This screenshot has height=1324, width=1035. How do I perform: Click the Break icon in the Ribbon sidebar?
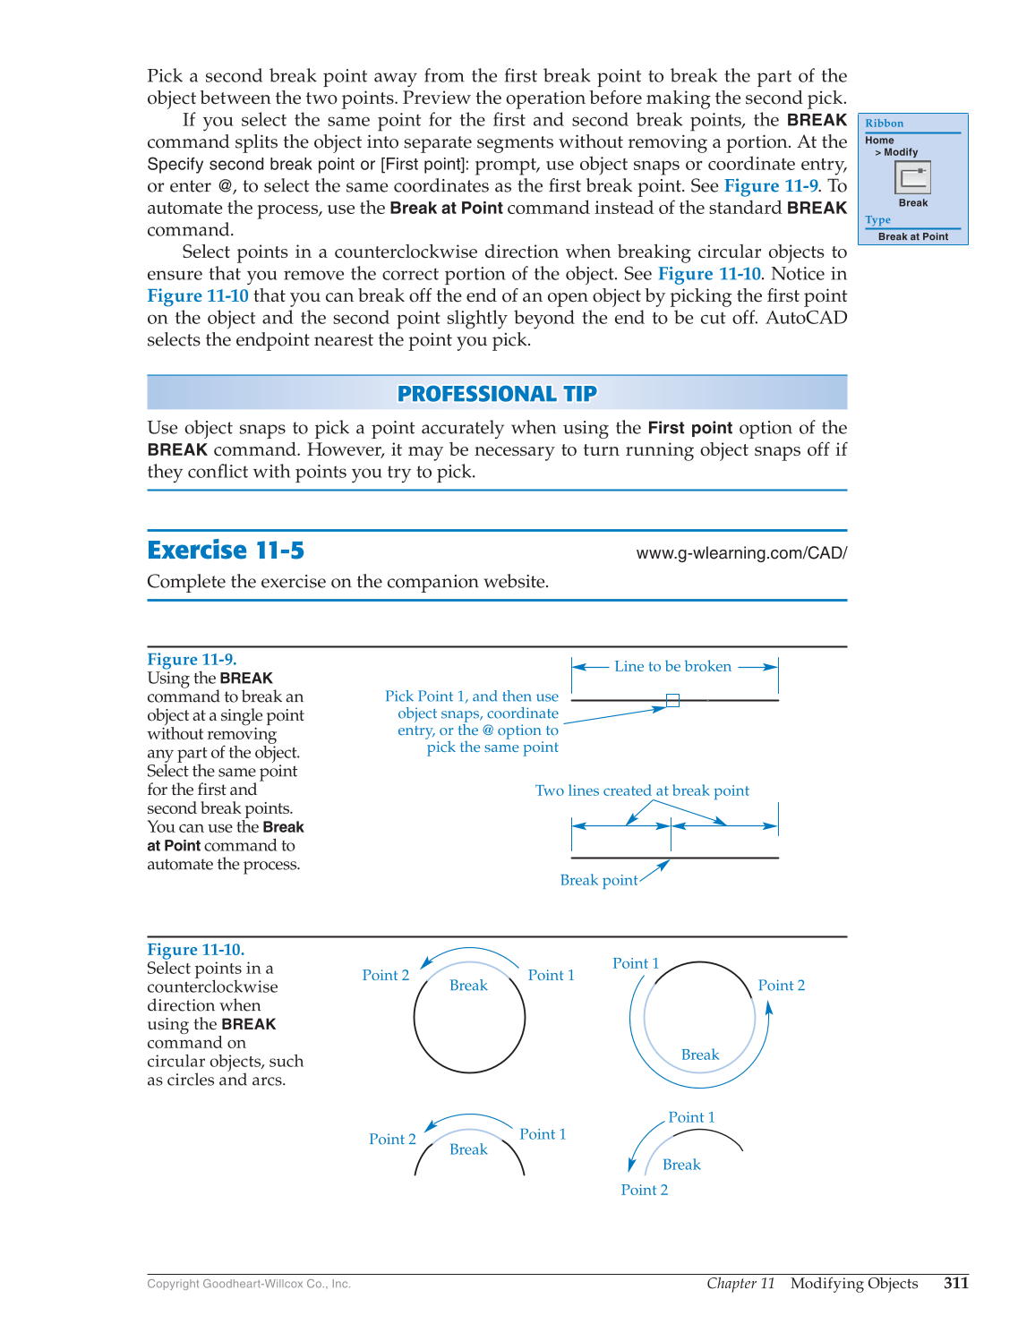[912, 177]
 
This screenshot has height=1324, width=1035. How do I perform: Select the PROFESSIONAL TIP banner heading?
[497, 394]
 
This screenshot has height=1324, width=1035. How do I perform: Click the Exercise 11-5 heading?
[226, 550]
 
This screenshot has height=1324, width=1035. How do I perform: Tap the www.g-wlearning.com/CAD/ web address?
[740, 553]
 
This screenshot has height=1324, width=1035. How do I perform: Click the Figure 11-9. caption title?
[192, 660]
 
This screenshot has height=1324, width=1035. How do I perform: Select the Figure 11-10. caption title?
[195, 950]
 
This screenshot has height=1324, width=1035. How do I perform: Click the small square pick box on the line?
[672, 700]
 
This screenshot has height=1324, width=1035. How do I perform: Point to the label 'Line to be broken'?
[672, 666]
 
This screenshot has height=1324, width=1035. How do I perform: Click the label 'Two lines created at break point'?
[642, 790]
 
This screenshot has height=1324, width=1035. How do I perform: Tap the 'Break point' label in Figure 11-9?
[598, 880]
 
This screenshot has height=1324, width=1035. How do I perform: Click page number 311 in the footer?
[955, 1283]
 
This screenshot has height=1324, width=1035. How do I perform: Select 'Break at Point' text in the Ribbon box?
[912, 236]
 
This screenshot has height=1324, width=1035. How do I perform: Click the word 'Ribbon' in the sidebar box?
[884, 124]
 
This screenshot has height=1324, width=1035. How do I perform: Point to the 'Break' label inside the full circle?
[468, 986]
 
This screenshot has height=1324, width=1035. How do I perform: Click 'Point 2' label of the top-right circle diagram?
[781, 986]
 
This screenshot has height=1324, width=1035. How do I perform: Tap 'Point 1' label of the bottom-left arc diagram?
[543, 1134]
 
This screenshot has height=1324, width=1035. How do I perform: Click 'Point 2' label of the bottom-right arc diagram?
[644, 1190]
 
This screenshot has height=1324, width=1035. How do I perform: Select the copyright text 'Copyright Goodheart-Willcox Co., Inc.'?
[249, 1284]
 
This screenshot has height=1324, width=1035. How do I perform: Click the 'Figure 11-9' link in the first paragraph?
[770, 186]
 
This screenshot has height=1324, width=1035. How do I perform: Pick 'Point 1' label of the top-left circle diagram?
[551, 975]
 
